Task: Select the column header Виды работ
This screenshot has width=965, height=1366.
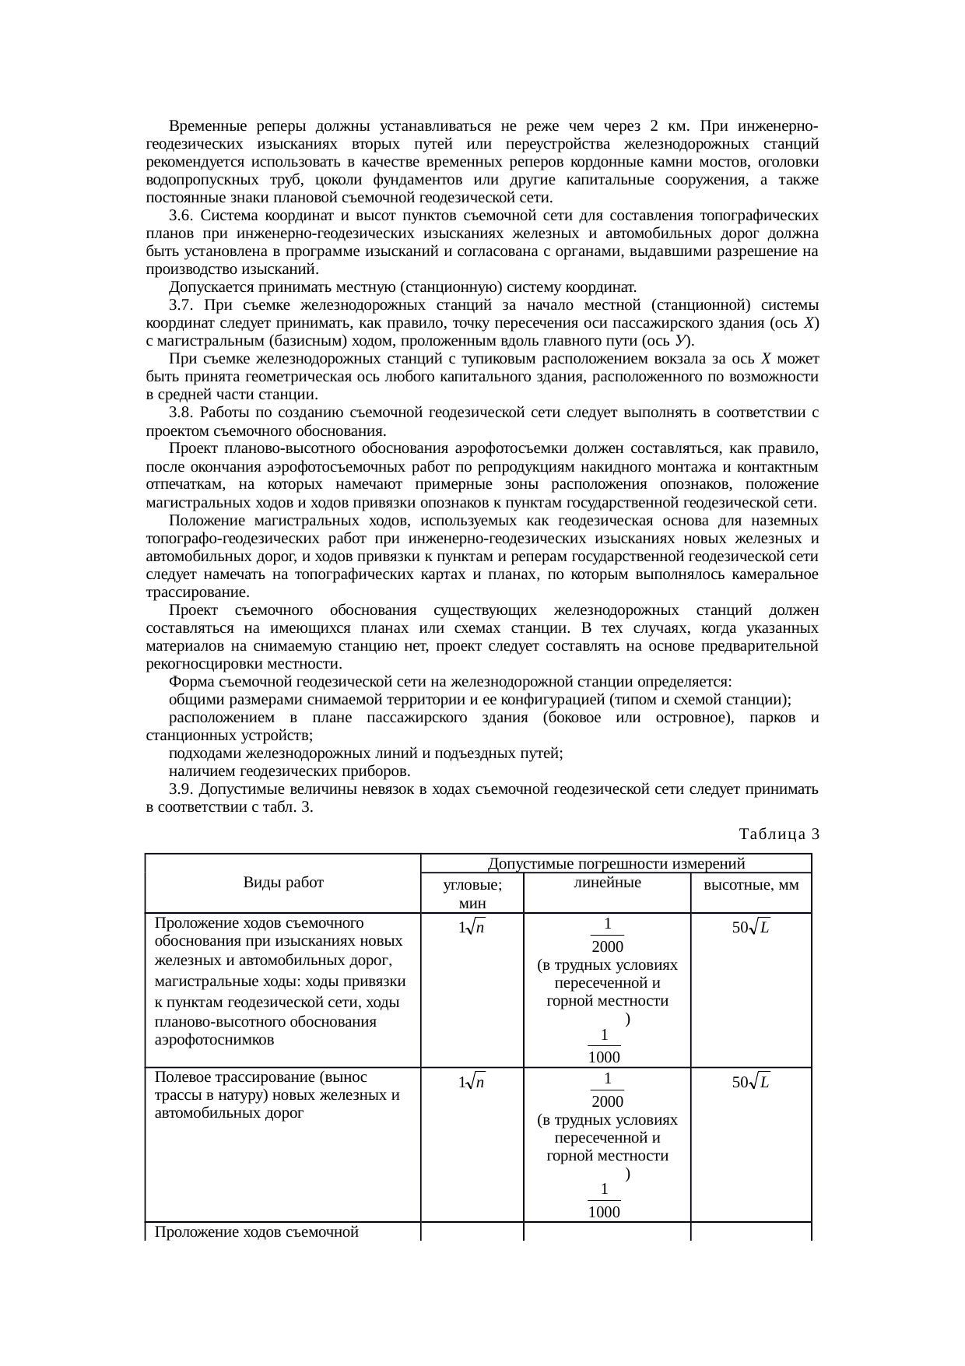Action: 283,883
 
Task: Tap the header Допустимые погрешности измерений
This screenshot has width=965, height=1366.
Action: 616,862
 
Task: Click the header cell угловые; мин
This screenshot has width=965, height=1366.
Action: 472,894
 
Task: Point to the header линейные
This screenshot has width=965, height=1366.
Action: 606,883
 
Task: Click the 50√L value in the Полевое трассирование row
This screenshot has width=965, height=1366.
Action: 750,1082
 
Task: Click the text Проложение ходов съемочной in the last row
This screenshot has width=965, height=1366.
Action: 256,1231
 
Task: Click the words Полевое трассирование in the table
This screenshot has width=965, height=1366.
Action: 234,1078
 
